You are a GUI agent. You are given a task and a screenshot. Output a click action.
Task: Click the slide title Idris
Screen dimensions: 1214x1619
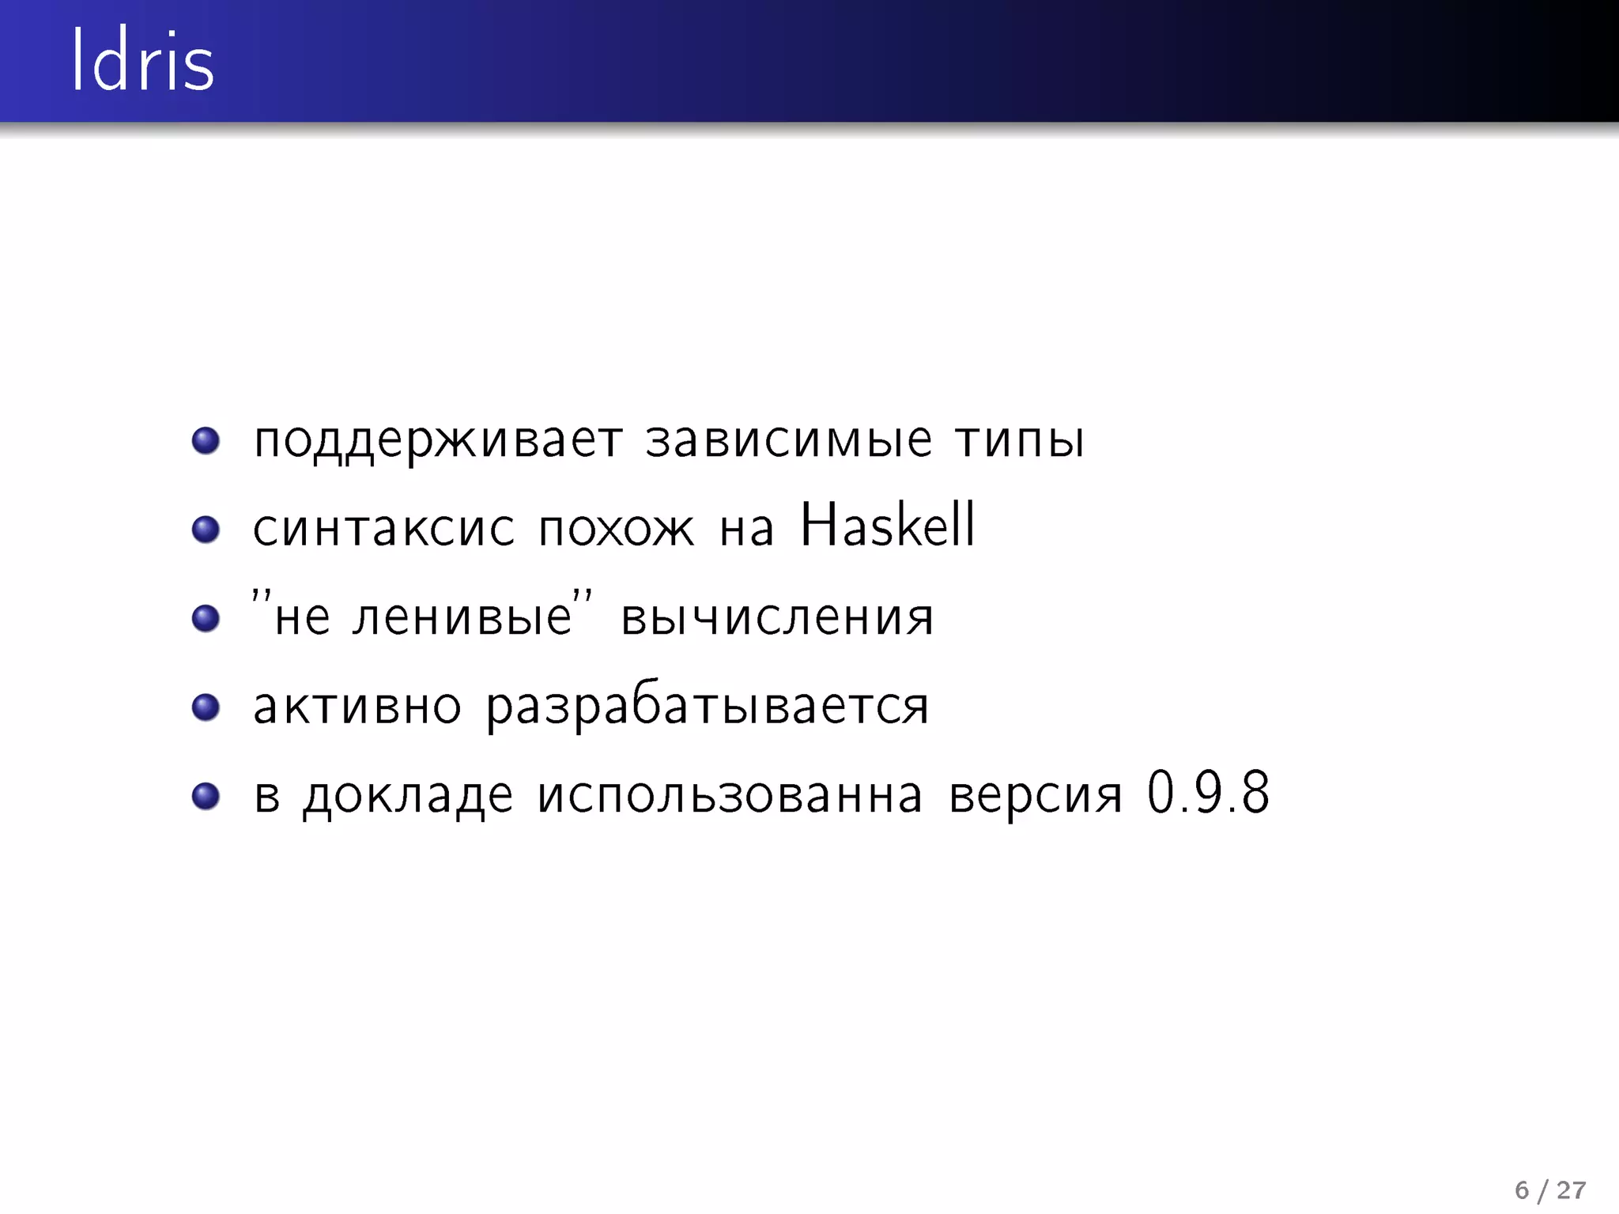pos(142,62)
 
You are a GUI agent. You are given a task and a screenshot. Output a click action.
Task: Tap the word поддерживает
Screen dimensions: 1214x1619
pos(438,441)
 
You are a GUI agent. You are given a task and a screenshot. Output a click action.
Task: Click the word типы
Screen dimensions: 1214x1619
pos(1020,441)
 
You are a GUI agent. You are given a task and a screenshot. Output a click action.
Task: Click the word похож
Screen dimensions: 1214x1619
pos(616,528)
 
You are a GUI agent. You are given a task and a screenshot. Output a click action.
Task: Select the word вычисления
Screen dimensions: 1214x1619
pos(777,618)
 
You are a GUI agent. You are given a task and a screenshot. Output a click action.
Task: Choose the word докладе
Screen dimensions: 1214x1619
pos(408,796)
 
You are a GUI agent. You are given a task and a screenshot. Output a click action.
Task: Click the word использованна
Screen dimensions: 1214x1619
pos(730,795)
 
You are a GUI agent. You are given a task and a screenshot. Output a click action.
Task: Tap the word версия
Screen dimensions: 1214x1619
pos(1036,796)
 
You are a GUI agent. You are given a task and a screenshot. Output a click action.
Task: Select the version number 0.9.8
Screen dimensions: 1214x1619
pos(1208,793)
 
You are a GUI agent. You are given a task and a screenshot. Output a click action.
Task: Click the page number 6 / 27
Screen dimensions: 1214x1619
pos(1549,1189)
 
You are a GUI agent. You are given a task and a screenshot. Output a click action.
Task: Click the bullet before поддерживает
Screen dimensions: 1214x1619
pos(206,440)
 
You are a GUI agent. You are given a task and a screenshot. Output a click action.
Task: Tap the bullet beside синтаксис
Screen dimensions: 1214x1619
pos(206,529)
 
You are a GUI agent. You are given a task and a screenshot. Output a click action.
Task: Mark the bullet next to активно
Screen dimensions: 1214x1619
pos(206,707)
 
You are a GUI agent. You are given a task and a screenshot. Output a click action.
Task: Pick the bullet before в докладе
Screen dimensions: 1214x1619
pos(206,795)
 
